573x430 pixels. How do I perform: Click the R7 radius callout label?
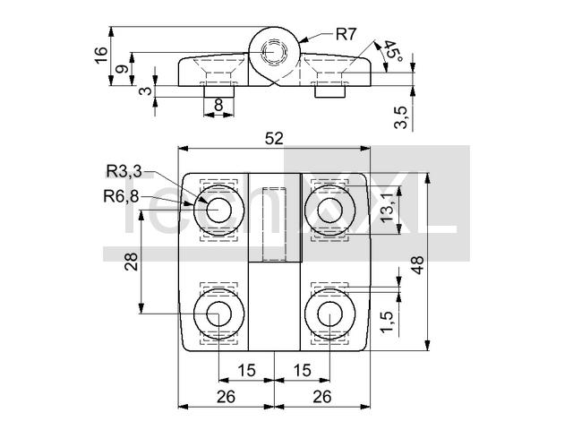346,34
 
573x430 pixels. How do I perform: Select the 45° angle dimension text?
391,50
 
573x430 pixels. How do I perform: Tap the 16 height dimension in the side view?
101,56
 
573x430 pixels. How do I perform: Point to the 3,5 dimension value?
401,117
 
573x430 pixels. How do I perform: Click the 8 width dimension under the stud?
218,105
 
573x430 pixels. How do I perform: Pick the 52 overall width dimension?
274,139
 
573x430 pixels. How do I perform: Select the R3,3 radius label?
124,171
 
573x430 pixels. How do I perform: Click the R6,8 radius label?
121,197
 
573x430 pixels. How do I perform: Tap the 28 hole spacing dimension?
132,262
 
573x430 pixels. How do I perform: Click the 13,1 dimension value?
388,207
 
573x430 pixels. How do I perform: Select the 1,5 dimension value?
387,322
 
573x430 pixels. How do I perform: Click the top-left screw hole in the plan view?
218,211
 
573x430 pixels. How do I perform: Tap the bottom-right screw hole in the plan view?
330,314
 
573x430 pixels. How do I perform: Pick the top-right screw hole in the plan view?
330,211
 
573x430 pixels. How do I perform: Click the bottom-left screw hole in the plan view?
218,314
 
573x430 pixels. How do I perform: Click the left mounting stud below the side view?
218,91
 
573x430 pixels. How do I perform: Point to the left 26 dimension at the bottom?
226,397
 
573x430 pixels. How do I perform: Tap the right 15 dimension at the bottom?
302,370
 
